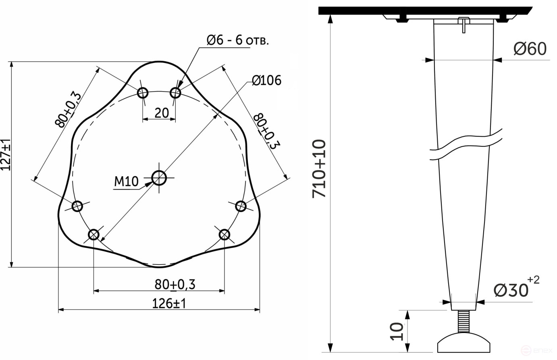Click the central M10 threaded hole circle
coord(159,177)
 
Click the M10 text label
coord(126,182)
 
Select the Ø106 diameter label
coord(266,81)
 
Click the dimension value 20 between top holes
coord(162,113)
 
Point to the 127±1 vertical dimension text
coord(6,155)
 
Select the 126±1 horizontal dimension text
coord(169,303)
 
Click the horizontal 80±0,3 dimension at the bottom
coord(175,285)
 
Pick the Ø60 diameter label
coord(530,49)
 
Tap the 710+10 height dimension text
coord(319,169)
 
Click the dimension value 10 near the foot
coord(397,331)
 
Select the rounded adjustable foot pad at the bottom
coord(464,343)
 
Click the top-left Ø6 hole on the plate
coord(143,93)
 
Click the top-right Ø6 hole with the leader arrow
coord(175,93)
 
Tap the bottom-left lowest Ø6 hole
coord(94,234)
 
